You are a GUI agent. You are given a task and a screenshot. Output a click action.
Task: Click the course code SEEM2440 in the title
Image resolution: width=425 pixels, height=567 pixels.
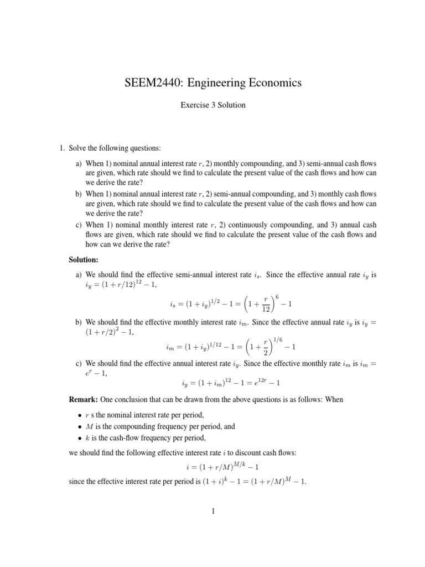click(x=152, y=83)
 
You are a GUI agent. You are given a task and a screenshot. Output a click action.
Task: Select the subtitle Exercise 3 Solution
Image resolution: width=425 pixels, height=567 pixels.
click(x=212, y=105)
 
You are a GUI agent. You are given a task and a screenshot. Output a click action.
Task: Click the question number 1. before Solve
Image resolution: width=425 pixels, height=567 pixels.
click(x=63, y=148)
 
